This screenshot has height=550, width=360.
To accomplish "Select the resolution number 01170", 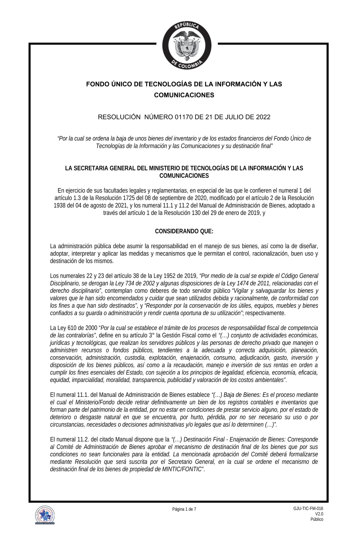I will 184,117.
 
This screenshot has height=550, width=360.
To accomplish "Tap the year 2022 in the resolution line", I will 263,117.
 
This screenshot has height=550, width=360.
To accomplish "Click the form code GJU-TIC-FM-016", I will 308,508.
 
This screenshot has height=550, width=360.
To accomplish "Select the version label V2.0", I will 319,514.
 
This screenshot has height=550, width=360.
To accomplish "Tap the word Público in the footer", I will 317,519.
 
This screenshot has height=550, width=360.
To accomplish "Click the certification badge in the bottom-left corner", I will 45,515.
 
